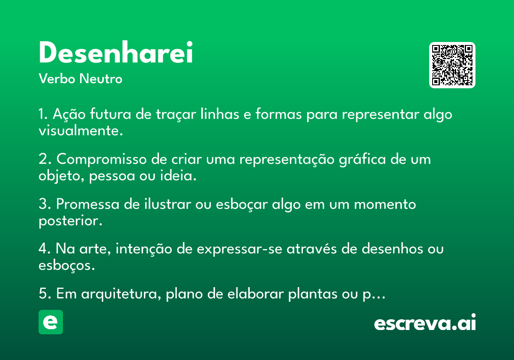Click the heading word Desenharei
tap(116, 52)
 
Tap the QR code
tap(452, 65)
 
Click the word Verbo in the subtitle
tap(57, 78)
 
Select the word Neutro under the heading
tap(101, 78)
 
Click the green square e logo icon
tap(51, 322)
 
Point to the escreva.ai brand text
tap(425, 322)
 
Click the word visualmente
tap(81, 131)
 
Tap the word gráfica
tap(362, 159)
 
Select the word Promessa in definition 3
tap(88, 204)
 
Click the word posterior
tap(70, 221)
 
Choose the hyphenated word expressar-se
tap(239, 249)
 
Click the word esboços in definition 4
tap(67, 266)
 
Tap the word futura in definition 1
tap(111, 114)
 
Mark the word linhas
tap(220, 114)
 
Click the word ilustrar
tap(168, 204)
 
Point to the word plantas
tap(313, 294)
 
